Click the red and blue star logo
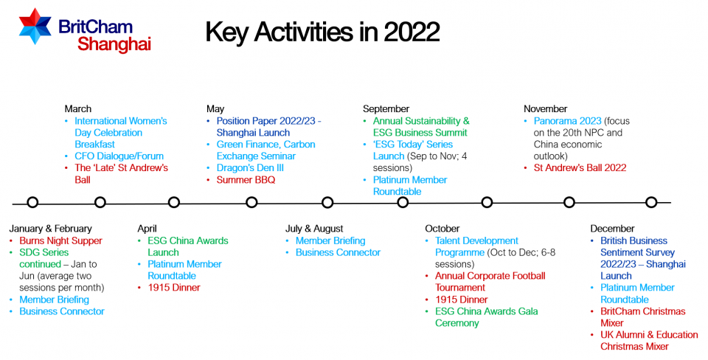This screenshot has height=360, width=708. click(x=35, y=27)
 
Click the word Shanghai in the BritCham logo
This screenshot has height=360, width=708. click(x=114, y=44)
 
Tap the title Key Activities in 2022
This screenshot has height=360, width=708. click(x=322, y=32)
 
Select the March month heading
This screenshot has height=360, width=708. click(x=77, y=109)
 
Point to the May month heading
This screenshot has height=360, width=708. click(x=215, y=109)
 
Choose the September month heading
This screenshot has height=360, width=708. click(x=386, y=109)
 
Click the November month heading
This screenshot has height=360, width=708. click(x=546, y=109)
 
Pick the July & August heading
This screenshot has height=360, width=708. click(x=314, y=229)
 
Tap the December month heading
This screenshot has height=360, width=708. click(x=612, y=229)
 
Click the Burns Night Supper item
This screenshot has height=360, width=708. click(x=61, y=240)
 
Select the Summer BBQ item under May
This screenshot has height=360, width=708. click(x=246, y=180)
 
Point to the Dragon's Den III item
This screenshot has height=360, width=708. click(x=250, y=168)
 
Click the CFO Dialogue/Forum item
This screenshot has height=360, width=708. click(x=119, y=156)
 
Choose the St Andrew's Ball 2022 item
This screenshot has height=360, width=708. click(x=580, y=168)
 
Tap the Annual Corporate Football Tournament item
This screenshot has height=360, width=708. click(x=490, y=282)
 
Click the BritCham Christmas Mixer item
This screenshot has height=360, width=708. click(x=643, y=317)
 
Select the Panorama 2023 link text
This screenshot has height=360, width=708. click(x=568, y=121)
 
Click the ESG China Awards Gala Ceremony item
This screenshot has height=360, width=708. click(x=487, y=317)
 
